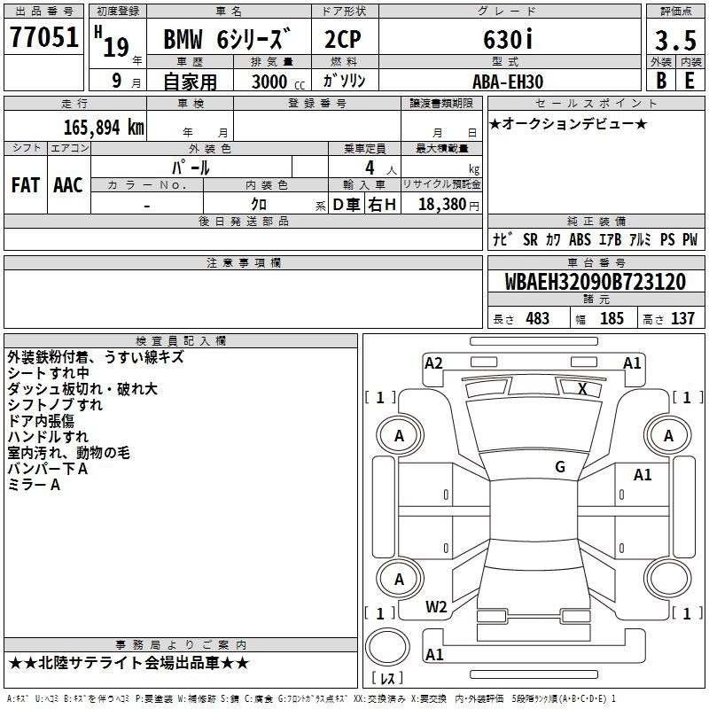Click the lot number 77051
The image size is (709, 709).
[x=43, y=36]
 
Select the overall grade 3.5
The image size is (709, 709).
[x=675, y=40]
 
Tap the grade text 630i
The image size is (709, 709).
[x=508, y=39]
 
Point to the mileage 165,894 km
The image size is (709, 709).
[x=104, y=128]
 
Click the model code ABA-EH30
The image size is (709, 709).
[x=508, y=82]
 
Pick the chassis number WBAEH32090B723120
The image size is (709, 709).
[x=595, y=282]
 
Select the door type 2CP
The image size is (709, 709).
[x=343, y=39]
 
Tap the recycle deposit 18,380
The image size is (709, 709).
[x=441, y=204]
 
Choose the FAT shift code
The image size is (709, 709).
[x=26, y=185]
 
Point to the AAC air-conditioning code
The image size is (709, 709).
[x=68, y=185]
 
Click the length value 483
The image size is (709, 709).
[x=537, y=318]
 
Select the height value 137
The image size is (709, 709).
[x=682, y=318]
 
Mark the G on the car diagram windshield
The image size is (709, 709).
[x=560, y=466]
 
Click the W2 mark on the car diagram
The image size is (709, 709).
[x=436, y=606]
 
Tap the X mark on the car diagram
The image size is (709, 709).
[x=582, y=388]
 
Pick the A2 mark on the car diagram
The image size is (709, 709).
[x=433, y=362]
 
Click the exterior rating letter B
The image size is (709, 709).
[x=660, y=81]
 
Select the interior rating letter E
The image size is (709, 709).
[x=690, y=81]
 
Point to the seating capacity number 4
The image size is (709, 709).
[x=370, y=168]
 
